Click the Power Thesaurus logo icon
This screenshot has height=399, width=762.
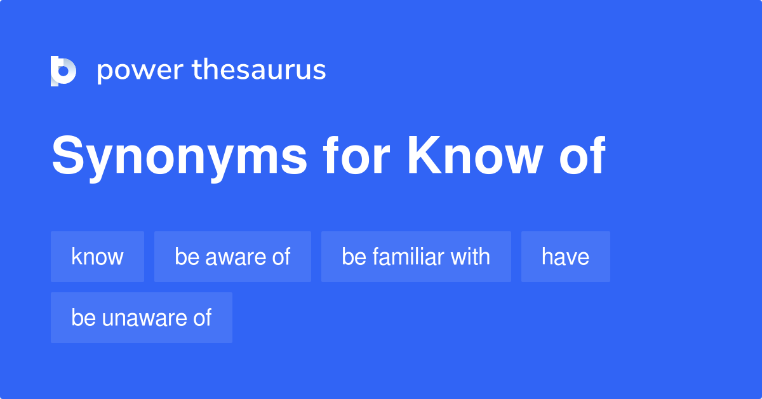[x=63, y=71]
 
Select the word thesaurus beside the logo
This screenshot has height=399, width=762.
[x=259, y=71]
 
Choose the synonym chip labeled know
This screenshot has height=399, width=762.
[x=97, y=257]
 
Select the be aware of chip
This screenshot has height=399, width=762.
[x=232, y=257]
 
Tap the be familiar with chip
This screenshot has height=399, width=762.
[x=416, y=257]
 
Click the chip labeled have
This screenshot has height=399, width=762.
[x=565, y=257]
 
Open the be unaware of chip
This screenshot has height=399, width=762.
[x=141, y=318]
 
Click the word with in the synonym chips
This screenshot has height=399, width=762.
[x=471, y=257]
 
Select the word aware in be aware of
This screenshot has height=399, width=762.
[x=234, y=257]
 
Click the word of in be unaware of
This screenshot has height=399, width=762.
[x=202, y=318]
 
